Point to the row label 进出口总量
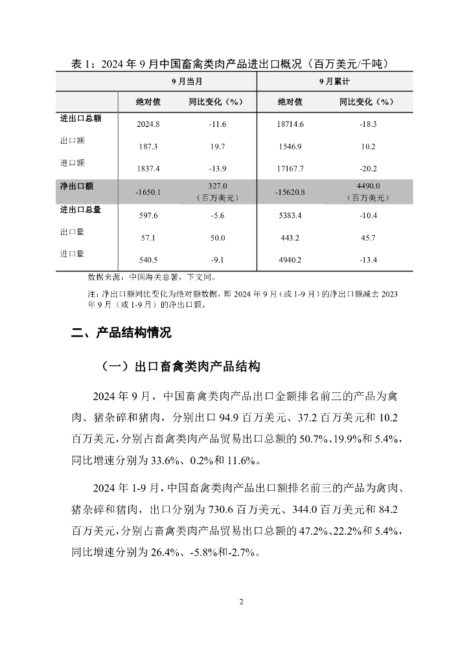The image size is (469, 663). click(x=80, y=210)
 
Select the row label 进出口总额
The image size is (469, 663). click(x=80, y=118)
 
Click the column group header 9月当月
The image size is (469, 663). click(x=186, y=82)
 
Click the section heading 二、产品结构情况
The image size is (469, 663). click(x=121, y=333)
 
